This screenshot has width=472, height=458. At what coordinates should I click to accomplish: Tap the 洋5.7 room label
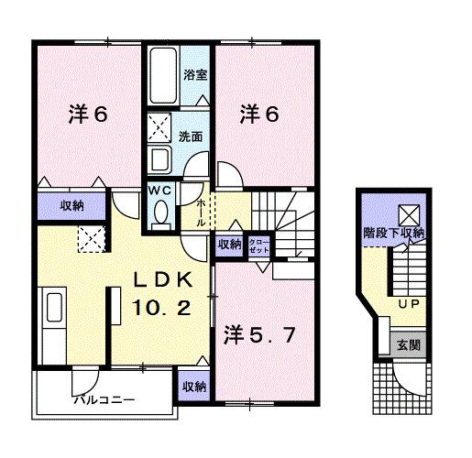point(259,335)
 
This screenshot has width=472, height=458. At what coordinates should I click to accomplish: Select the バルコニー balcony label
point(105,400)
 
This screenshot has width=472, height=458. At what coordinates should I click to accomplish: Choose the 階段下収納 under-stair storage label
point(394,233)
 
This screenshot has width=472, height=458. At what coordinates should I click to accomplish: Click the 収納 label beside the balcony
point(193,387)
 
